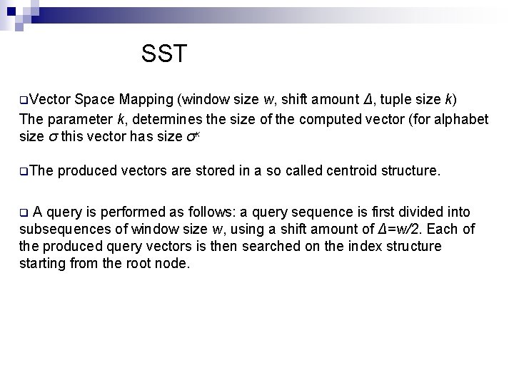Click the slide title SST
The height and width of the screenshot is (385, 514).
[x=164, y=53]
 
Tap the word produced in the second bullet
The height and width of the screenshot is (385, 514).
[x=88, y=171]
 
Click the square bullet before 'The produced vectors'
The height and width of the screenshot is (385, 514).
[x=24, y=172]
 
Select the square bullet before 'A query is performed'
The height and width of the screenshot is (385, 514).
[x=24, y=212]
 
